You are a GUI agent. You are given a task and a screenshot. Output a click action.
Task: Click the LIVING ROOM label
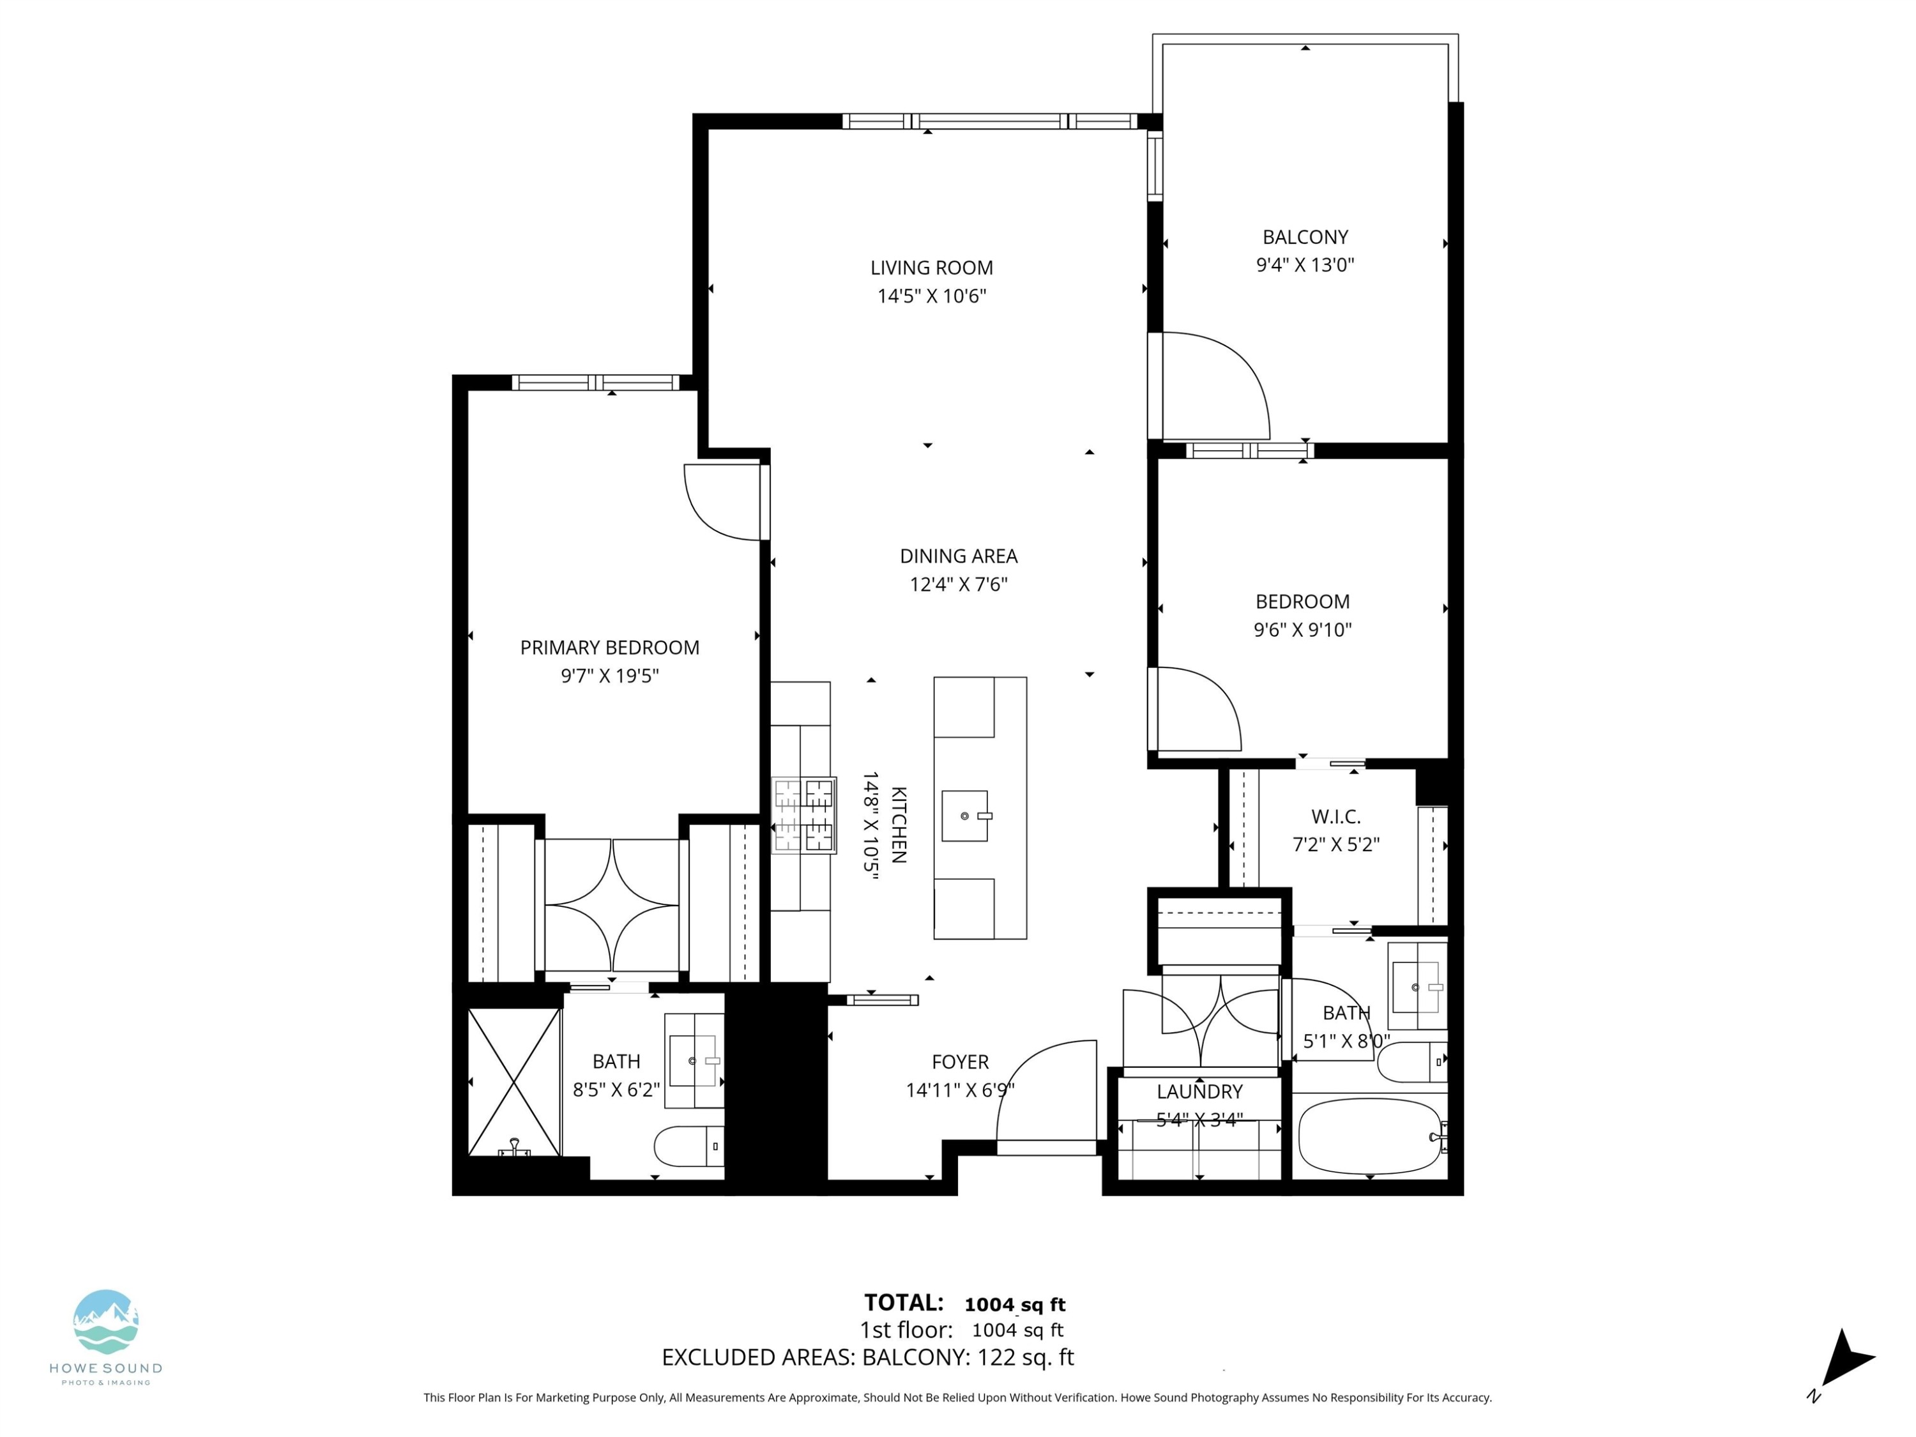coord(931,268)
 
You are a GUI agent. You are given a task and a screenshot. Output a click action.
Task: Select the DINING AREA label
coord(958,556)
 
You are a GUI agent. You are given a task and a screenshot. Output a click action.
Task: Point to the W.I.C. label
coord(1335,816)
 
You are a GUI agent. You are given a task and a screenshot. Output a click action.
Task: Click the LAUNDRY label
coord(1199,1091)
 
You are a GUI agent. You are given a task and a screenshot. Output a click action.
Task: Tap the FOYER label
coord(960,1062)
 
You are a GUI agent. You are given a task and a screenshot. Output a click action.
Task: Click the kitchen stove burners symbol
coord(804,815)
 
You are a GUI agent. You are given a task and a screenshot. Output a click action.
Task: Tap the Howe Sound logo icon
coord(105,1322)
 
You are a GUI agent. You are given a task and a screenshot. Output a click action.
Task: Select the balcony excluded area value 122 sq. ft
coord(1024,1357)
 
